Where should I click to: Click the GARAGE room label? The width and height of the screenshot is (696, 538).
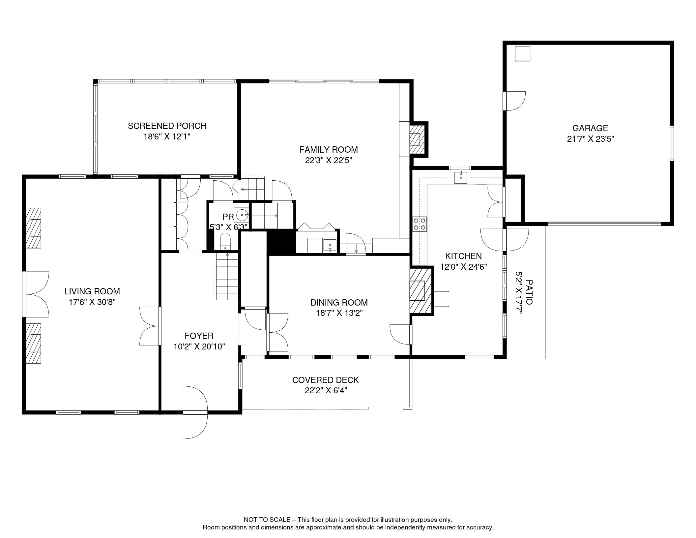coord(590,128)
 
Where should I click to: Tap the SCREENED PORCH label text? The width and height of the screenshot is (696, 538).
coord(167,126)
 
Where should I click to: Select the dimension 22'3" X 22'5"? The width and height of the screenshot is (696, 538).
coord(328,160)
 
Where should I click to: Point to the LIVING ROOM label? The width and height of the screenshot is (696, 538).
coord(92,291)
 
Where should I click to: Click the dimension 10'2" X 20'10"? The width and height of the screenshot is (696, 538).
coord(199,346)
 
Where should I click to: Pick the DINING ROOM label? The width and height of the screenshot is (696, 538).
coord(339,302)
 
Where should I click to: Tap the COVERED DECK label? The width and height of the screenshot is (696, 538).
coord(326,380)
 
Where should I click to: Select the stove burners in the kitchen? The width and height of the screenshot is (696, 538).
coord(420,224)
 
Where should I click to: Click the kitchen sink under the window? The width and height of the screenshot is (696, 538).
coord(460,177)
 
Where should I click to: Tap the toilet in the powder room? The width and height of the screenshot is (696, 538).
coord(225,241)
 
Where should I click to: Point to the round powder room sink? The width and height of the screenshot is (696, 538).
coord(242,215)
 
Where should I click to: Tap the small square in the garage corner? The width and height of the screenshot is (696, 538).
coord(523,54)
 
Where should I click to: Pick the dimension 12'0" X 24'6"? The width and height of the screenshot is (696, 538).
coord(464,267)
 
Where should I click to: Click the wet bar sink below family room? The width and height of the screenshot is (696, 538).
coord(330,246)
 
